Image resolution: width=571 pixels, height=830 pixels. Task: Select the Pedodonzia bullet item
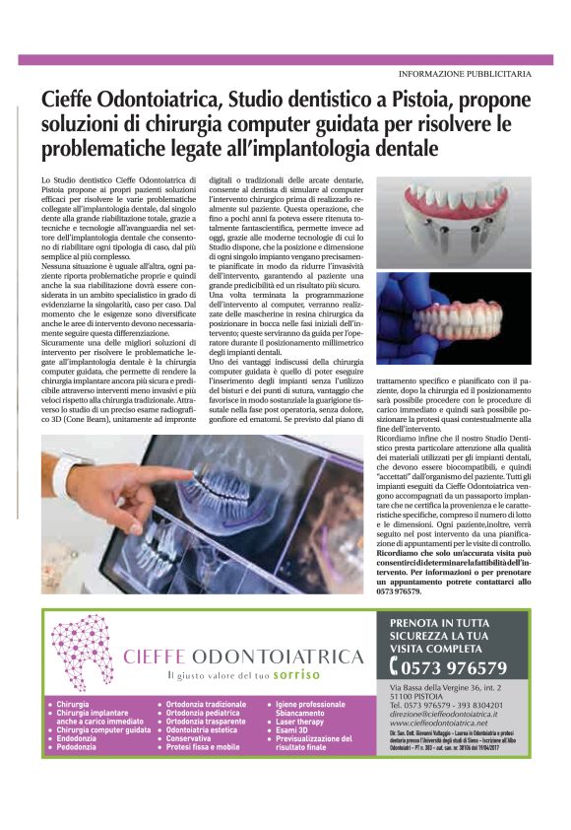(77, 747)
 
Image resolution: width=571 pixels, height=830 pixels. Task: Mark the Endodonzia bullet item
(77, 738)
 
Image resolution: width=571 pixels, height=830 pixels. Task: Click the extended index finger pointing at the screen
(148, 471)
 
